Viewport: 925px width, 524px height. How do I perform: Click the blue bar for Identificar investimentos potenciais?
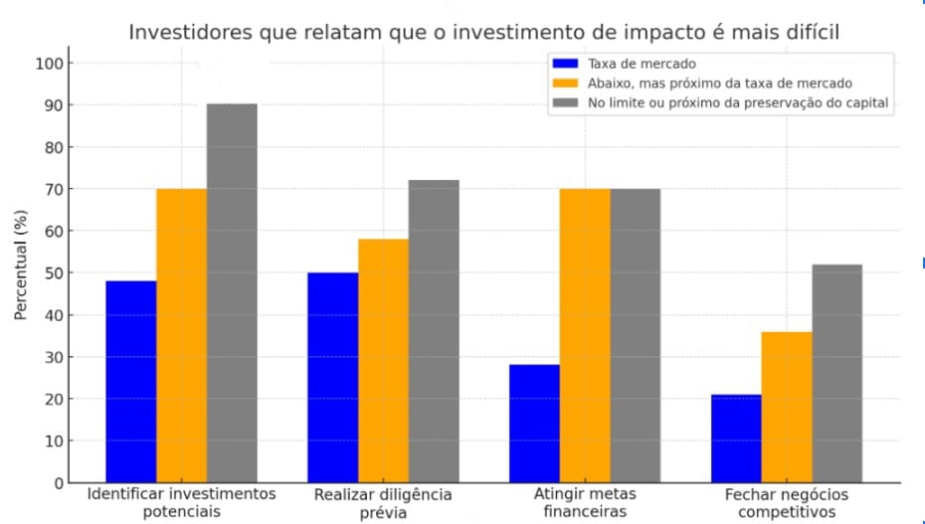pyautogui.click(x=131, y=382)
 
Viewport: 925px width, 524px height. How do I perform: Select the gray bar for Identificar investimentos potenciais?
pyautogui.click(x=233, y=293)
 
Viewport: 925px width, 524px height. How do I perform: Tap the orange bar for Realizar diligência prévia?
pyautogui.click(x=384, y=361)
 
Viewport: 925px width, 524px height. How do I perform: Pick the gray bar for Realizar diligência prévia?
pyautogui.click(x=434, y=331)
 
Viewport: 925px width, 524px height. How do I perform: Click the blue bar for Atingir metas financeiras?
pyautogui.click(x=534, y=424)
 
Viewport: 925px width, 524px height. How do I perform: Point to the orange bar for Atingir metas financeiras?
pyautogui.click(x=585, y=335)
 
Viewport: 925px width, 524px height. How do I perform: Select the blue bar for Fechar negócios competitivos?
pyautogui.click(x=736, y=438)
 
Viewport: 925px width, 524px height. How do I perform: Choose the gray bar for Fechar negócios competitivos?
pyautogui.click(x=836, y=373)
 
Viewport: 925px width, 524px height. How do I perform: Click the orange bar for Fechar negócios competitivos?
pyautogui.click(x=787, y=407)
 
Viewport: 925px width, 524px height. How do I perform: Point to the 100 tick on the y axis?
pyautogui.click(x=50, y=64)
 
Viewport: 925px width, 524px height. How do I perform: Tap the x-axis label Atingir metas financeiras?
pyautogui.click(x=585, y=503)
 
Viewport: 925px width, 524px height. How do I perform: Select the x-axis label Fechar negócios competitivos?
pyautogui.click(x=787, y=503)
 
